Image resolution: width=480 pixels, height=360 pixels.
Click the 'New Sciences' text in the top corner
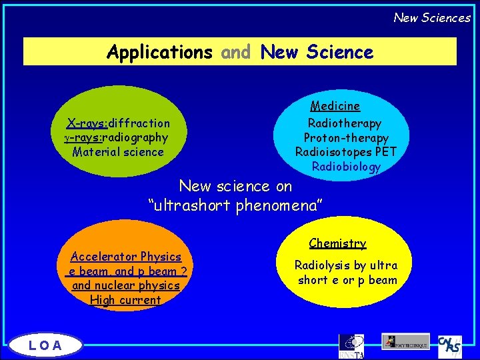pyautogui.click(x=431, y=17)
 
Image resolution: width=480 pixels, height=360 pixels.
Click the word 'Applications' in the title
pyautogui.click(x=159, y=51)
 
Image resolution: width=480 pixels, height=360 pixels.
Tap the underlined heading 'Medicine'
pyautogui.click(x=335, y=106)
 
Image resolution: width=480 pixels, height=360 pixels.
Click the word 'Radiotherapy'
pyautogui.click(x=344, y=123)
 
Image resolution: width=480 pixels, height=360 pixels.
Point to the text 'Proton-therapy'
pyautogui.click(x=346, y=138)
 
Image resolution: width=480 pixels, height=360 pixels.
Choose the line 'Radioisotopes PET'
pyautogui.click(x=345, y=152)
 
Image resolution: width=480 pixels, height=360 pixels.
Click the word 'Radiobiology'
pyautogui.click(x=346, y=167)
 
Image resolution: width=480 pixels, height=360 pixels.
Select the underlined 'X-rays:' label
pyautogui.click(x=87, y=123)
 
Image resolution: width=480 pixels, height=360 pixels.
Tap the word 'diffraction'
pyautogui.click(x=139, y=123)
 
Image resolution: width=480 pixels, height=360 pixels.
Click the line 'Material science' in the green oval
pyautogui.click(x=118, y=152)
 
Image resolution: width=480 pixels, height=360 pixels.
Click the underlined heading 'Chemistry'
pyautogui.click(x=337, y=244)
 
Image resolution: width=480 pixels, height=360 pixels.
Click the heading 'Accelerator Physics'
pyautogui.click(x=126, y=257)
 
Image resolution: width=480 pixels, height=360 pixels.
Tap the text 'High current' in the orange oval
pyautogui.click(x=125, y=300)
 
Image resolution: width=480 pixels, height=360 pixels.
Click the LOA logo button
pyautogui.click(x=45, y=345)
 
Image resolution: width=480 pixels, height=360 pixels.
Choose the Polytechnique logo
pyautogui.click(x=406, y=341)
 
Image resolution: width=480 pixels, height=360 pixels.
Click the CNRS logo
pyautogui.click(x=450, y=345)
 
